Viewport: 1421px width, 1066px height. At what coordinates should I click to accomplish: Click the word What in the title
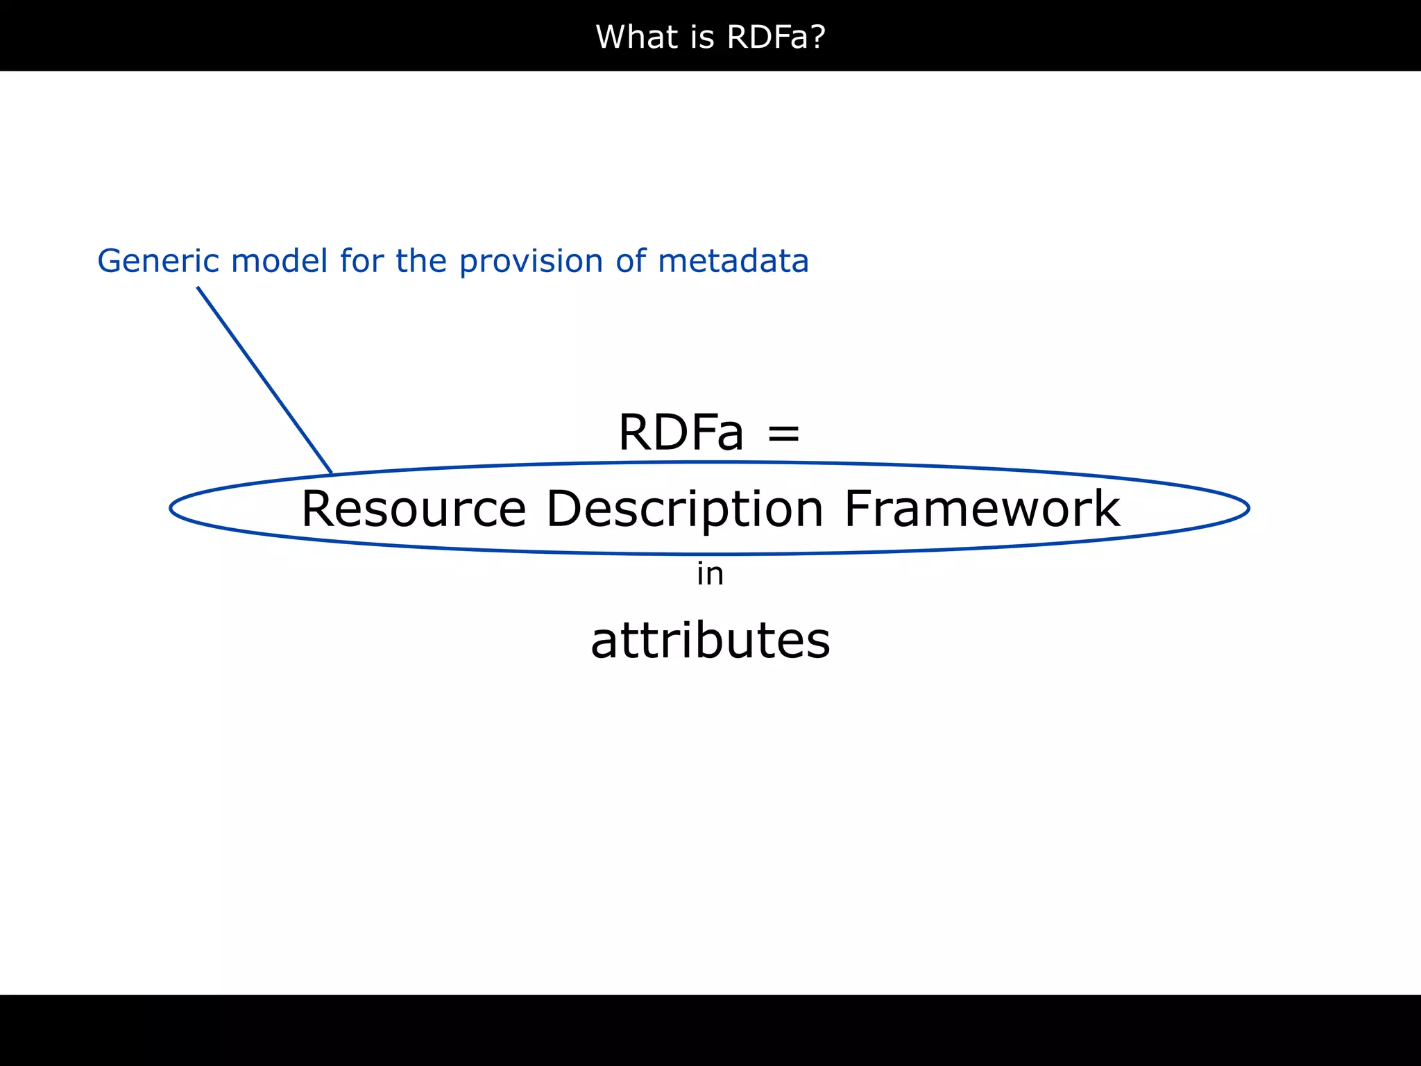click(638, 37)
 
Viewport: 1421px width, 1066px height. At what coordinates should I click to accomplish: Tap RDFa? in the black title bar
click(776, 37)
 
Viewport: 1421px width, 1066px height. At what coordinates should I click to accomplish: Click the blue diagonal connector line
click(264, 380)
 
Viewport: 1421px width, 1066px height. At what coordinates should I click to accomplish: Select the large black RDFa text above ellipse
click(681, 432)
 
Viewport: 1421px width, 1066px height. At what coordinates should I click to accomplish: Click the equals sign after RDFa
click(784, 434)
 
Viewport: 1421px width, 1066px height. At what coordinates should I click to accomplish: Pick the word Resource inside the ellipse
click(414, 509)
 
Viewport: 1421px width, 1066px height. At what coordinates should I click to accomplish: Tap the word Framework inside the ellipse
click(982, 509)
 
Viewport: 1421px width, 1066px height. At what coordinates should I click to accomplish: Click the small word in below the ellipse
click(710, 575)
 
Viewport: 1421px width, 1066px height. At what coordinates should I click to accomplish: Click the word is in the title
click(701, 37)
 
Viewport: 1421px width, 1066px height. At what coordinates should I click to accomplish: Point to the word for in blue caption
click(361, 262)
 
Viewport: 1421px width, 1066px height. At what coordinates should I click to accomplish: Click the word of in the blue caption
click(631, 262)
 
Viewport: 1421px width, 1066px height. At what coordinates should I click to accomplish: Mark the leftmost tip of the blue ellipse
click(171, 509)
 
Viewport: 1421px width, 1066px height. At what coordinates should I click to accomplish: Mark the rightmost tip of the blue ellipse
click(1249, 509)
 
